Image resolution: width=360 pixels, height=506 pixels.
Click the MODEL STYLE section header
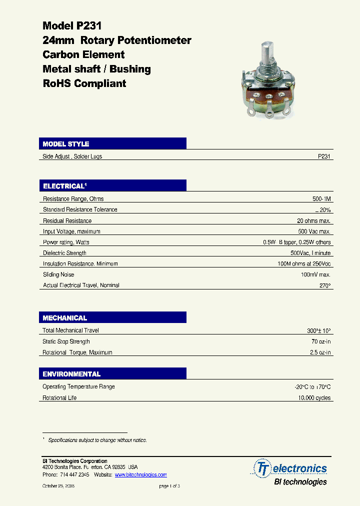(x=66, y=144)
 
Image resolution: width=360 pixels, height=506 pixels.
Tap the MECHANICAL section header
(x=65, y=318)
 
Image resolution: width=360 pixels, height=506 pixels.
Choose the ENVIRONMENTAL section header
(x=71, y=374)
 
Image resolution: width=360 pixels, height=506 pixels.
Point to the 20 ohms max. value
(x=313, y=220)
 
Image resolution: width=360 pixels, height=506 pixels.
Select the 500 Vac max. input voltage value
(x=314, y=231)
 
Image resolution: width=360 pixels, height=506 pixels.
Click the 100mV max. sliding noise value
(x=315, y=274)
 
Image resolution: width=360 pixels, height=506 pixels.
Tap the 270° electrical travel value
(x=324, y=285)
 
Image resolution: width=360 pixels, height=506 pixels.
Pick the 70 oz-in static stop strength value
(x=320, y=341)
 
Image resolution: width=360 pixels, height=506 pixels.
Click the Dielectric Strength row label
(x=64, y=253)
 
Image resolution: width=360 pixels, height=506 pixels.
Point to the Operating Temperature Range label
(x=78, y=387)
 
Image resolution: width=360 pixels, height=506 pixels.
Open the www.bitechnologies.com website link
(x=140, y=474)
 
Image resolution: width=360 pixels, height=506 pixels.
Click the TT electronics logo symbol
(x=262, y=468)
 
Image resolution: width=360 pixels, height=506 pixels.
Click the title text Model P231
(x=72, y=26)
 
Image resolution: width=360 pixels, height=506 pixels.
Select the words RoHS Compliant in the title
(x=84, y=83)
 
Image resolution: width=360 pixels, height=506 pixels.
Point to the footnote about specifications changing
(x=97, y=440)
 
